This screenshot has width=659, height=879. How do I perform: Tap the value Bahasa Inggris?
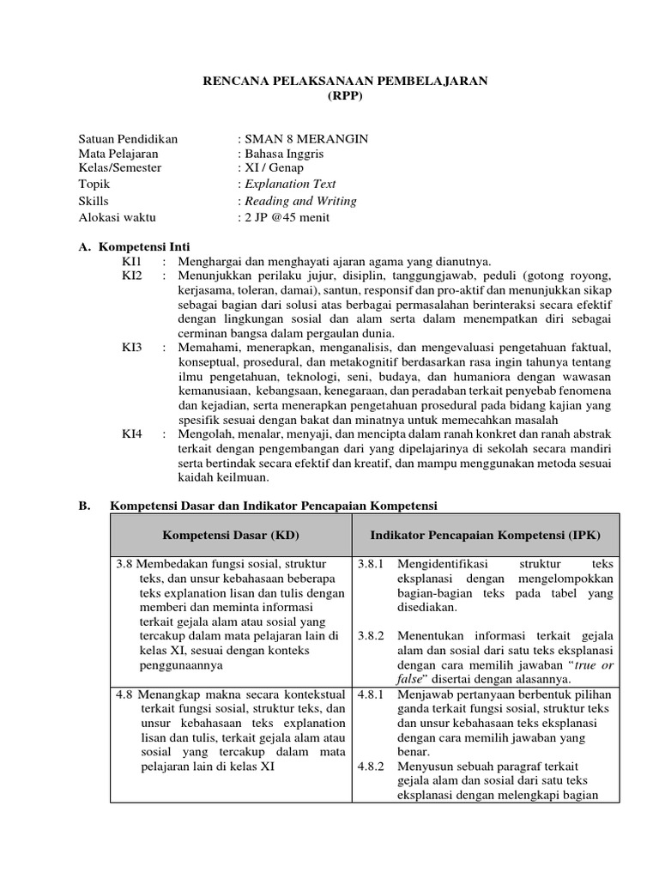(285, 154)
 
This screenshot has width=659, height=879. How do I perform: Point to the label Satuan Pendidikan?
(128, 138)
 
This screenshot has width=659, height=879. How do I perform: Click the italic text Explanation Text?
(290, 185)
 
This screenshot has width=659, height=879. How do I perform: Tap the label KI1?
(132, 261)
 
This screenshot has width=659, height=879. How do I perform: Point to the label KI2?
(132, 276)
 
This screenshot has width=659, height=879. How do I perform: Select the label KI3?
(132, 348)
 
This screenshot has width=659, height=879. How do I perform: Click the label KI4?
(132, 435)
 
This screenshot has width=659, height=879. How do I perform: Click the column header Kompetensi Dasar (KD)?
(231, 535)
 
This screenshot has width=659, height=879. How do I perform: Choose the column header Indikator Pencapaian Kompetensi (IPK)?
(485, 535)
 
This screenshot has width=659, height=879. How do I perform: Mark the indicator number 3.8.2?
(371, 635)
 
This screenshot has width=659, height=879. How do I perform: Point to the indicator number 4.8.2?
(371, 766)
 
